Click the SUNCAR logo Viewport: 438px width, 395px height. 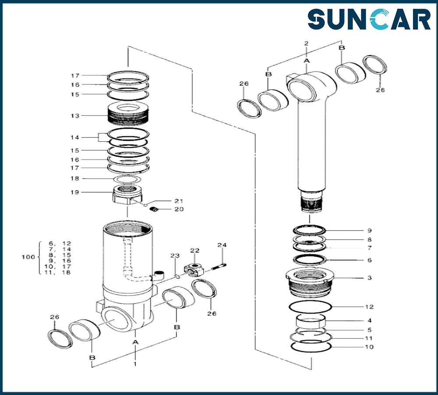click(x=369, y=20)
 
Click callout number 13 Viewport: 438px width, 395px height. click(x=75, y=116)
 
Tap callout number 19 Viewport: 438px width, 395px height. click(x=75, y=192)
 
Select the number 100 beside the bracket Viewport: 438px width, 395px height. click(x=28, y=257)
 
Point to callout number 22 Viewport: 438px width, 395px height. click(x=194, y=250)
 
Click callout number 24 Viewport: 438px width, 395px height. click(x=222, y=245)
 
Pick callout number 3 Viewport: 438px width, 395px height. click(x=369, y=278)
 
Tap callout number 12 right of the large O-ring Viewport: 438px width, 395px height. click(x=369, y=307)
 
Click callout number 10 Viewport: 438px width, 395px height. click(x=369, y=347)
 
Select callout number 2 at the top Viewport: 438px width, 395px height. click(x=306, y=43)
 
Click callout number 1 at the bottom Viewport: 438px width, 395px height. click(x=135, y=364)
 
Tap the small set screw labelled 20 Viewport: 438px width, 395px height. click(x=154, y=209)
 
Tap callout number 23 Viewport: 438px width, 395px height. click(x=175, y=255)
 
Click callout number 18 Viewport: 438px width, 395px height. click(x=75, y=179)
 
